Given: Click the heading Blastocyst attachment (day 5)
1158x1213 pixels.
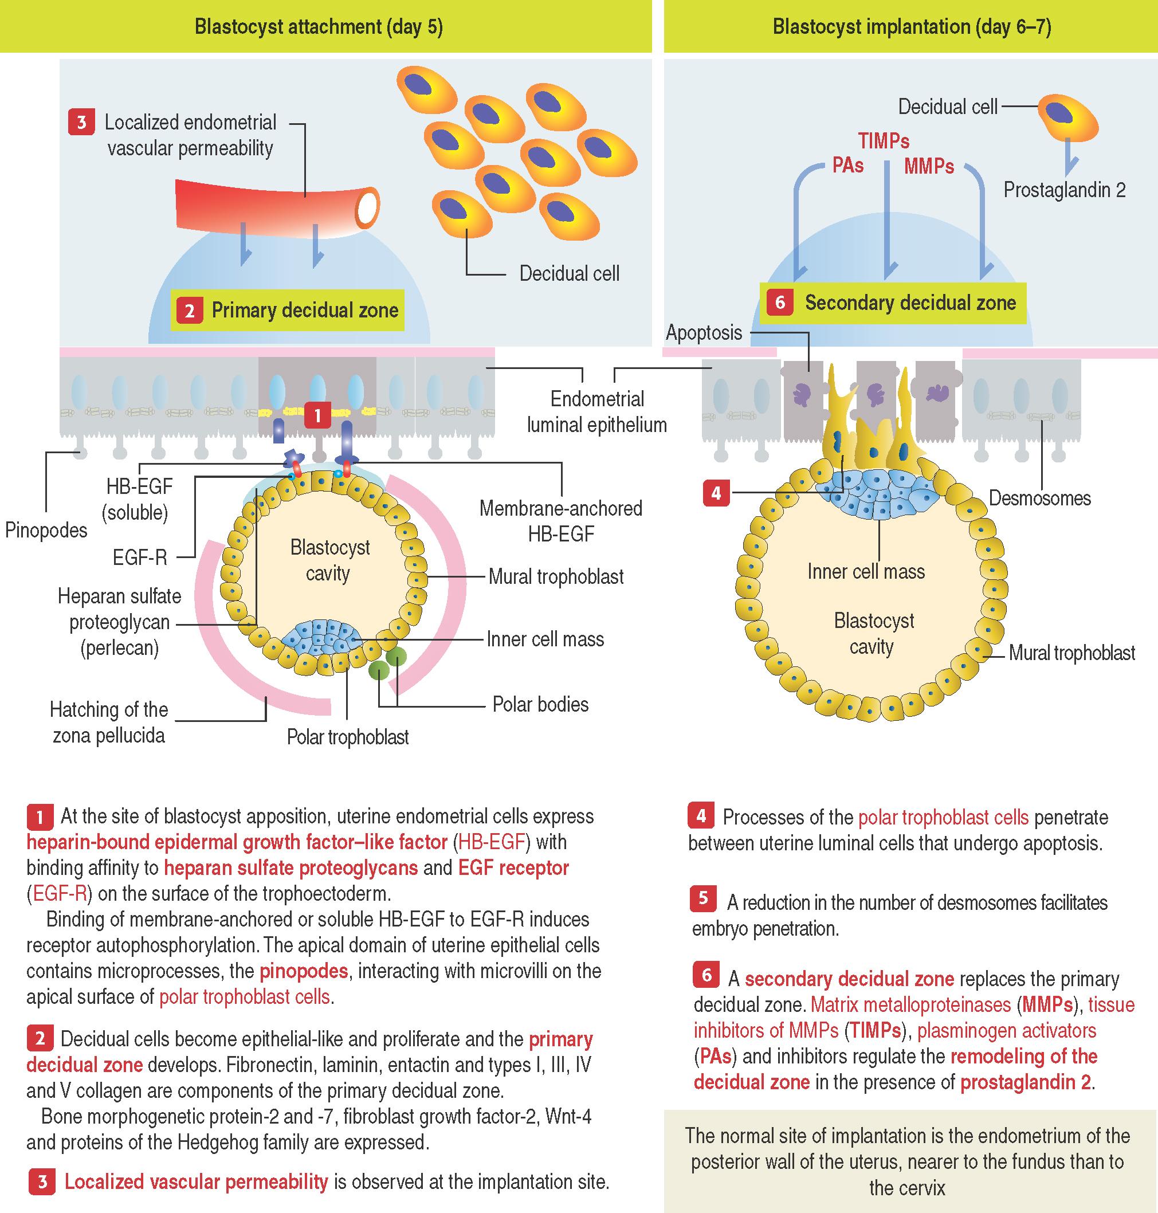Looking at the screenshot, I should [319, 26].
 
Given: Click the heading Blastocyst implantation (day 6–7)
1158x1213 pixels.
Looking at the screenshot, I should [911, 26].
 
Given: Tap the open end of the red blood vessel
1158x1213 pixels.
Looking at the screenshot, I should [367, 207].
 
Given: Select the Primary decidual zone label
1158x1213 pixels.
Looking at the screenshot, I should [305, 310].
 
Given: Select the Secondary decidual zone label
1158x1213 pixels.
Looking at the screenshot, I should [910, 303].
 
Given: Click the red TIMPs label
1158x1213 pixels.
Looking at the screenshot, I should [884, 142].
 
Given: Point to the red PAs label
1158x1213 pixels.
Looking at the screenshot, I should [847, 166].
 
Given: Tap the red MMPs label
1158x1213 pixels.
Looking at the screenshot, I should [928, 167].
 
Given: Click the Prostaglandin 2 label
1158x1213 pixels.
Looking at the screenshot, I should [1064, 190].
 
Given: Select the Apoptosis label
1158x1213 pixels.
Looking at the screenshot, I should [704, 333].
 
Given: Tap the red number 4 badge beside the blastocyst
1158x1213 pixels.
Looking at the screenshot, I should [716, 493].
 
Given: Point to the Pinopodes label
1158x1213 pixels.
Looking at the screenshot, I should [46, 530].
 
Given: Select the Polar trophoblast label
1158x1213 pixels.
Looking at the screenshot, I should [348, 737].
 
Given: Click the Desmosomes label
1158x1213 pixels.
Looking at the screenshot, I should [1039, 498].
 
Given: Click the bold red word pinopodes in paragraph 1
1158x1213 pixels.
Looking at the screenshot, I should [303, 971].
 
